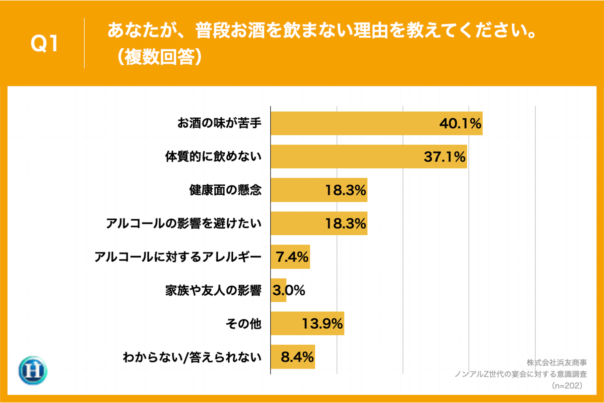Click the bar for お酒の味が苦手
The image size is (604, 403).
376,123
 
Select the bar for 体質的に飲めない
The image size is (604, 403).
369,157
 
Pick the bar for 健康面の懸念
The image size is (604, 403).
319,190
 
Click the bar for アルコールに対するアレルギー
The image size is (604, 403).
290,257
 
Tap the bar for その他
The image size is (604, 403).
307,324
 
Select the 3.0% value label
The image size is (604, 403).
289,291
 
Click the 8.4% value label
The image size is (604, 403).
297,357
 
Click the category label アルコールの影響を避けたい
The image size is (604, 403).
184,224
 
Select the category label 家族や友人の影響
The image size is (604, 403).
213,291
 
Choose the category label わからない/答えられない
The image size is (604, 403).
192,357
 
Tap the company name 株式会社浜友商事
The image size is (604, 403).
556,362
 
